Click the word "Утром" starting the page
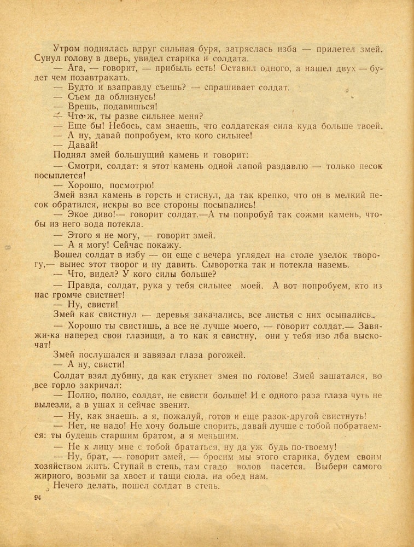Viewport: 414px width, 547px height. pos(67,49)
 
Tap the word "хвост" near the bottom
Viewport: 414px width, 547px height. pos(143,476)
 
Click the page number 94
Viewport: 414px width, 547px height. pos(38,497)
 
